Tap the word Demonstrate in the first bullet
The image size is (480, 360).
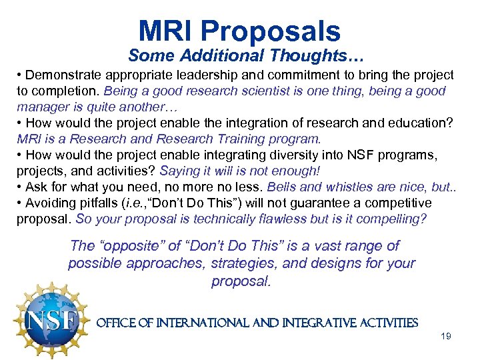tap(61, 75)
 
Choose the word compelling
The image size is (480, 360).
tap(399, 219)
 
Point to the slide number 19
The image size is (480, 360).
tap(446, 336)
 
